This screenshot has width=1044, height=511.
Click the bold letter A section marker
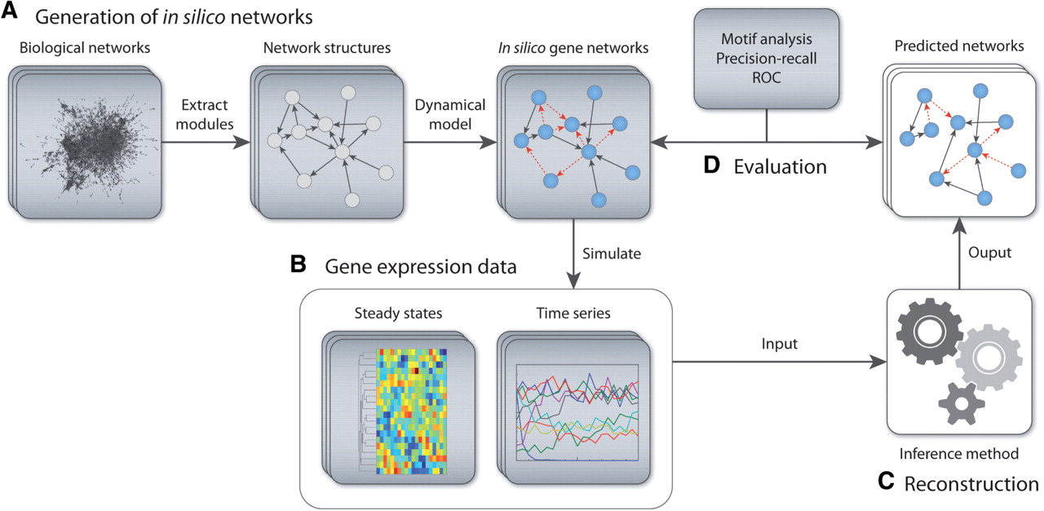[x=9, y=11]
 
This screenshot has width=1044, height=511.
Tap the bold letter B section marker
[x=299, y=264]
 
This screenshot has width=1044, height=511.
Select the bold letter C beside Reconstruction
[x=886, y=481]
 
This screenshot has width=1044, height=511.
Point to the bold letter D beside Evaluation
[x=712, y=165]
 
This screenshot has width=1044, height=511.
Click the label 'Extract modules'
[x=205, y=115]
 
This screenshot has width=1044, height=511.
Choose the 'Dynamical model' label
[x=449, y=115]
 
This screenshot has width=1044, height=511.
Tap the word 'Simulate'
[x=612, y=253]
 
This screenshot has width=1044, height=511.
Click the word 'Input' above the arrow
[x=779, y=344]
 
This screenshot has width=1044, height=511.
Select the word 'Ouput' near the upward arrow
[x=989, y=253]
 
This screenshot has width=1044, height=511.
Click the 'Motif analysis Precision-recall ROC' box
[x=766, y=59]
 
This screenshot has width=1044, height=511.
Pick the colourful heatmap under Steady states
[x=412, y=412]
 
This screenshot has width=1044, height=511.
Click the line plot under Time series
[x=577, y=412]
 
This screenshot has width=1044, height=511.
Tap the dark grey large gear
[x=930, y=332]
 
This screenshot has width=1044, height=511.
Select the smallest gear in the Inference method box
[x=962, y=403]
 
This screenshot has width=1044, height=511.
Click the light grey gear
[x=989, y=358]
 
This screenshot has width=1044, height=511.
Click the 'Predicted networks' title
[x=959, y=46]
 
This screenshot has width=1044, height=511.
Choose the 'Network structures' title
[x=327, y=47]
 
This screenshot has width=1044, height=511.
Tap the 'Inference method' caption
[x=958, y=453]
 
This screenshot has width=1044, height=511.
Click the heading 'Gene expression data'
[x=420, y=267]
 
